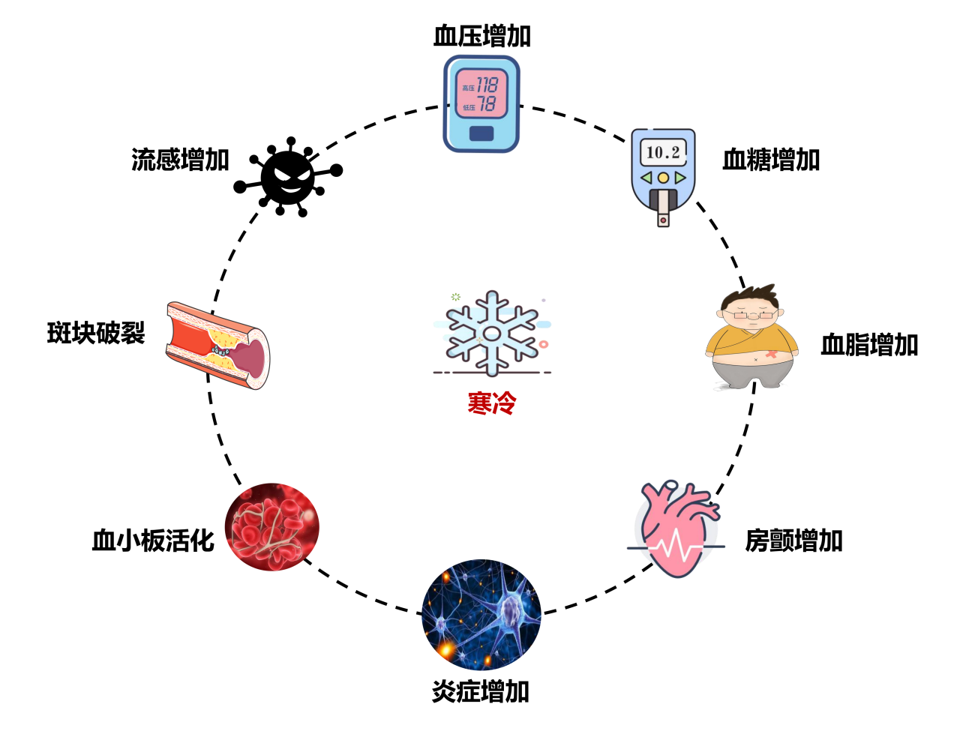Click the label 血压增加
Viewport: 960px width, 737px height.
pos(481,36)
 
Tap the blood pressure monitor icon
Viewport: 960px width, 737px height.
pos(481,103)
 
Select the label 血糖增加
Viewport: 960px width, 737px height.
pos(771,160)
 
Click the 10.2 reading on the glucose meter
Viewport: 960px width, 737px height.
pos(663,152)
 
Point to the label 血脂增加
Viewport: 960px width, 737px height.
pos(869,345)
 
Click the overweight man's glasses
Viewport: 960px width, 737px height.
pos(754,315)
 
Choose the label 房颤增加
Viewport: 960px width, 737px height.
pos(793,541)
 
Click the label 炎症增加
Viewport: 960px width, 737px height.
pos(481,691)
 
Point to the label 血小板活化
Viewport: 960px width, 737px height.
pos(153,541)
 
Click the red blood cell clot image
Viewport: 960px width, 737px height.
pos(272,527)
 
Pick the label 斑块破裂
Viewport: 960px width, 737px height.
pos(96,333)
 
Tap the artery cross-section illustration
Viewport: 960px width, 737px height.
pos(217,345)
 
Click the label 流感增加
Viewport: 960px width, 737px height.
pos(180,160)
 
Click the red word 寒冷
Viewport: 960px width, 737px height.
pos(492,403)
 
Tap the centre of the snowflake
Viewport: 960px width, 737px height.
pos(492,334)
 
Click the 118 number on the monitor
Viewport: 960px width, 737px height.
pos(487,85)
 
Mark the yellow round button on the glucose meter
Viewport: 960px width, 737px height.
pos(663,178)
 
